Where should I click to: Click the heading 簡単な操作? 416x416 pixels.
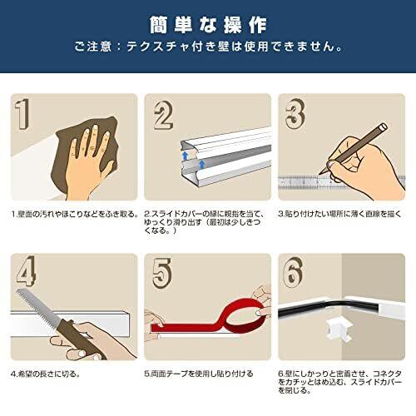click(208, 25)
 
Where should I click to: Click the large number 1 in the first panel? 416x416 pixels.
click(22, 114)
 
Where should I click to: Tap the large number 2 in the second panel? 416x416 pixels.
click(164, 116)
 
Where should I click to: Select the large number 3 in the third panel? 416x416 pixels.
click(295, 114)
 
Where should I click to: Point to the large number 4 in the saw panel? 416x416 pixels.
click(27, 271)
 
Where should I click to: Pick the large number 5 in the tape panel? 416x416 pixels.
click(162, 273)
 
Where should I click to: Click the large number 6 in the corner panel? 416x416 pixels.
click(293, 271)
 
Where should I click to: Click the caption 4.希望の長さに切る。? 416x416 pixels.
click(46, 374)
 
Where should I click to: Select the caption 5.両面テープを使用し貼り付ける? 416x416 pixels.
click(199, 374)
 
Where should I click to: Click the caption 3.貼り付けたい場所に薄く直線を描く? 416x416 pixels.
click(339, 214)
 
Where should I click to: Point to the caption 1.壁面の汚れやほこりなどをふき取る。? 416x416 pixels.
click(75, 214)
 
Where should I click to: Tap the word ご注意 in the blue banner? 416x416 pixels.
click(93, 47)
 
